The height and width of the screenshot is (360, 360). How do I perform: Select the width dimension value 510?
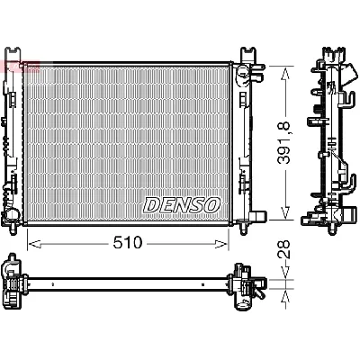(127, 241)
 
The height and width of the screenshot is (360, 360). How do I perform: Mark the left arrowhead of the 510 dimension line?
(32, 241)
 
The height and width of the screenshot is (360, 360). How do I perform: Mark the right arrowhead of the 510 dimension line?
(227, 241)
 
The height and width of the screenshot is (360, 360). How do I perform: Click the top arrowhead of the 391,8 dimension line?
(285, 69)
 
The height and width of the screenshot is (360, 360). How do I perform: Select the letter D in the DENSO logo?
(151, 204)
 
